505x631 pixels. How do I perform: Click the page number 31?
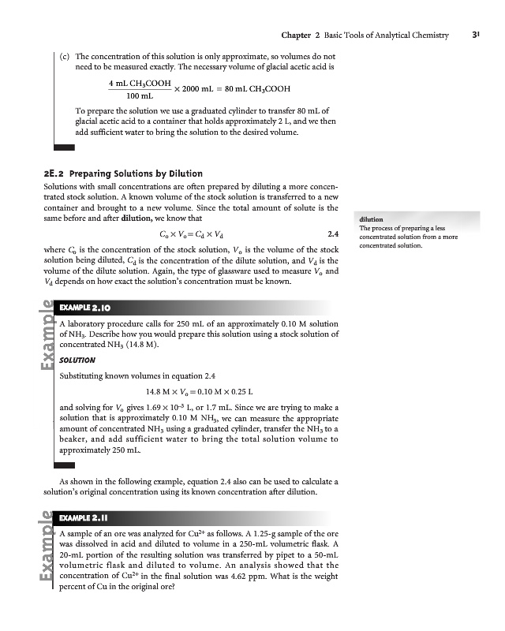(477, 35)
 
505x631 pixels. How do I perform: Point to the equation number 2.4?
(332, 234)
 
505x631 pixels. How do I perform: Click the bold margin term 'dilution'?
(371, 219)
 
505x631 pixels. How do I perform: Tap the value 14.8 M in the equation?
(159, 391)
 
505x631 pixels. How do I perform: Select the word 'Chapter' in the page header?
(296, 35)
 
